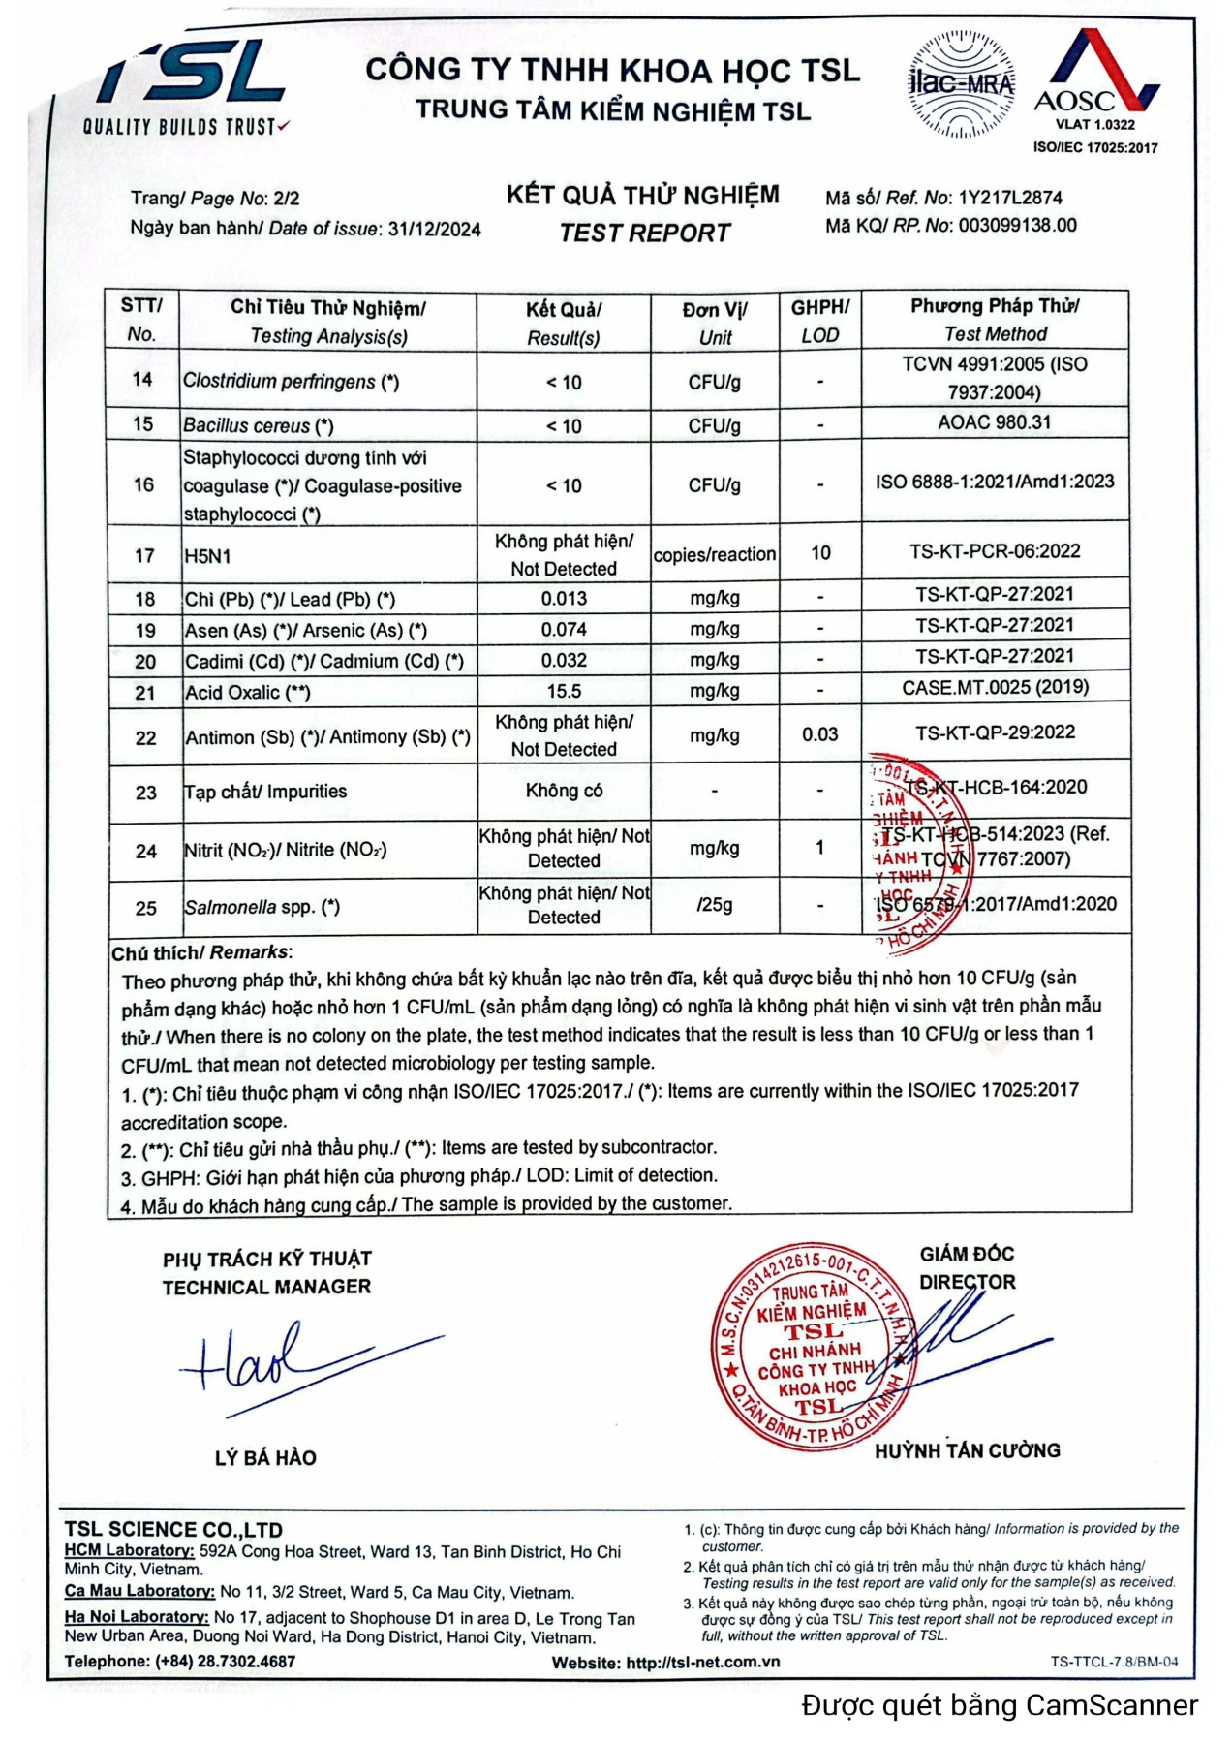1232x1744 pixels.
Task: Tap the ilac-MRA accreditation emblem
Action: pos(960,84)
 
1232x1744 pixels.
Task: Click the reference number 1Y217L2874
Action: pos(1009,199)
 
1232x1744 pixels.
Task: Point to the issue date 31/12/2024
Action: pos(434,230)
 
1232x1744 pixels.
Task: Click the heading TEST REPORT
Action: pos(644,234)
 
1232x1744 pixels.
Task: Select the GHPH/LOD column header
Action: pos(819,321)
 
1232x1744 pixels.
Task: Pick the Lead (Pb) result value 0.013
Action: pos(564,599)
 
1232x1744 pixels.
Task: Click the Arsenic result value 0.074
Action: pos(564,630)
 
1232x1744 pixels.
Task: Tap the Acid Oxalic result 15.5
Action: pos(564,692)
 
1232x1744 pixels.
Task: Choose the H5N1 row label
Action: pos(207,556)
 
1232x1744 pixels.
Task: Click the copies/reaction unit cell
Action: pos(714,555)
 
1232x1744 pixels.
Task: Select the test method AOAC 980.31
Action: pos(994,422)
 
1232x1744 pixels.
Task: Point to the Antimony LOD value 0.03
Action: pos(819,734)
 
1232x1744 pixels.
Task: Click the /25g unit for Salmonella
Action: pos(714,905)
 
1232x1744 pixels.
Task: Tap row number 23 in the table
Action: pos(145,793)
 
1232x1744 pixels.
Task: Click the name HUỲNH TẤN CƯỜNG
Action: pos(967,1451)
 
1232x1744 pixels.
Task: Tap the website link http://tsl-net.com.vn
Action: pos(702,1663)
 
